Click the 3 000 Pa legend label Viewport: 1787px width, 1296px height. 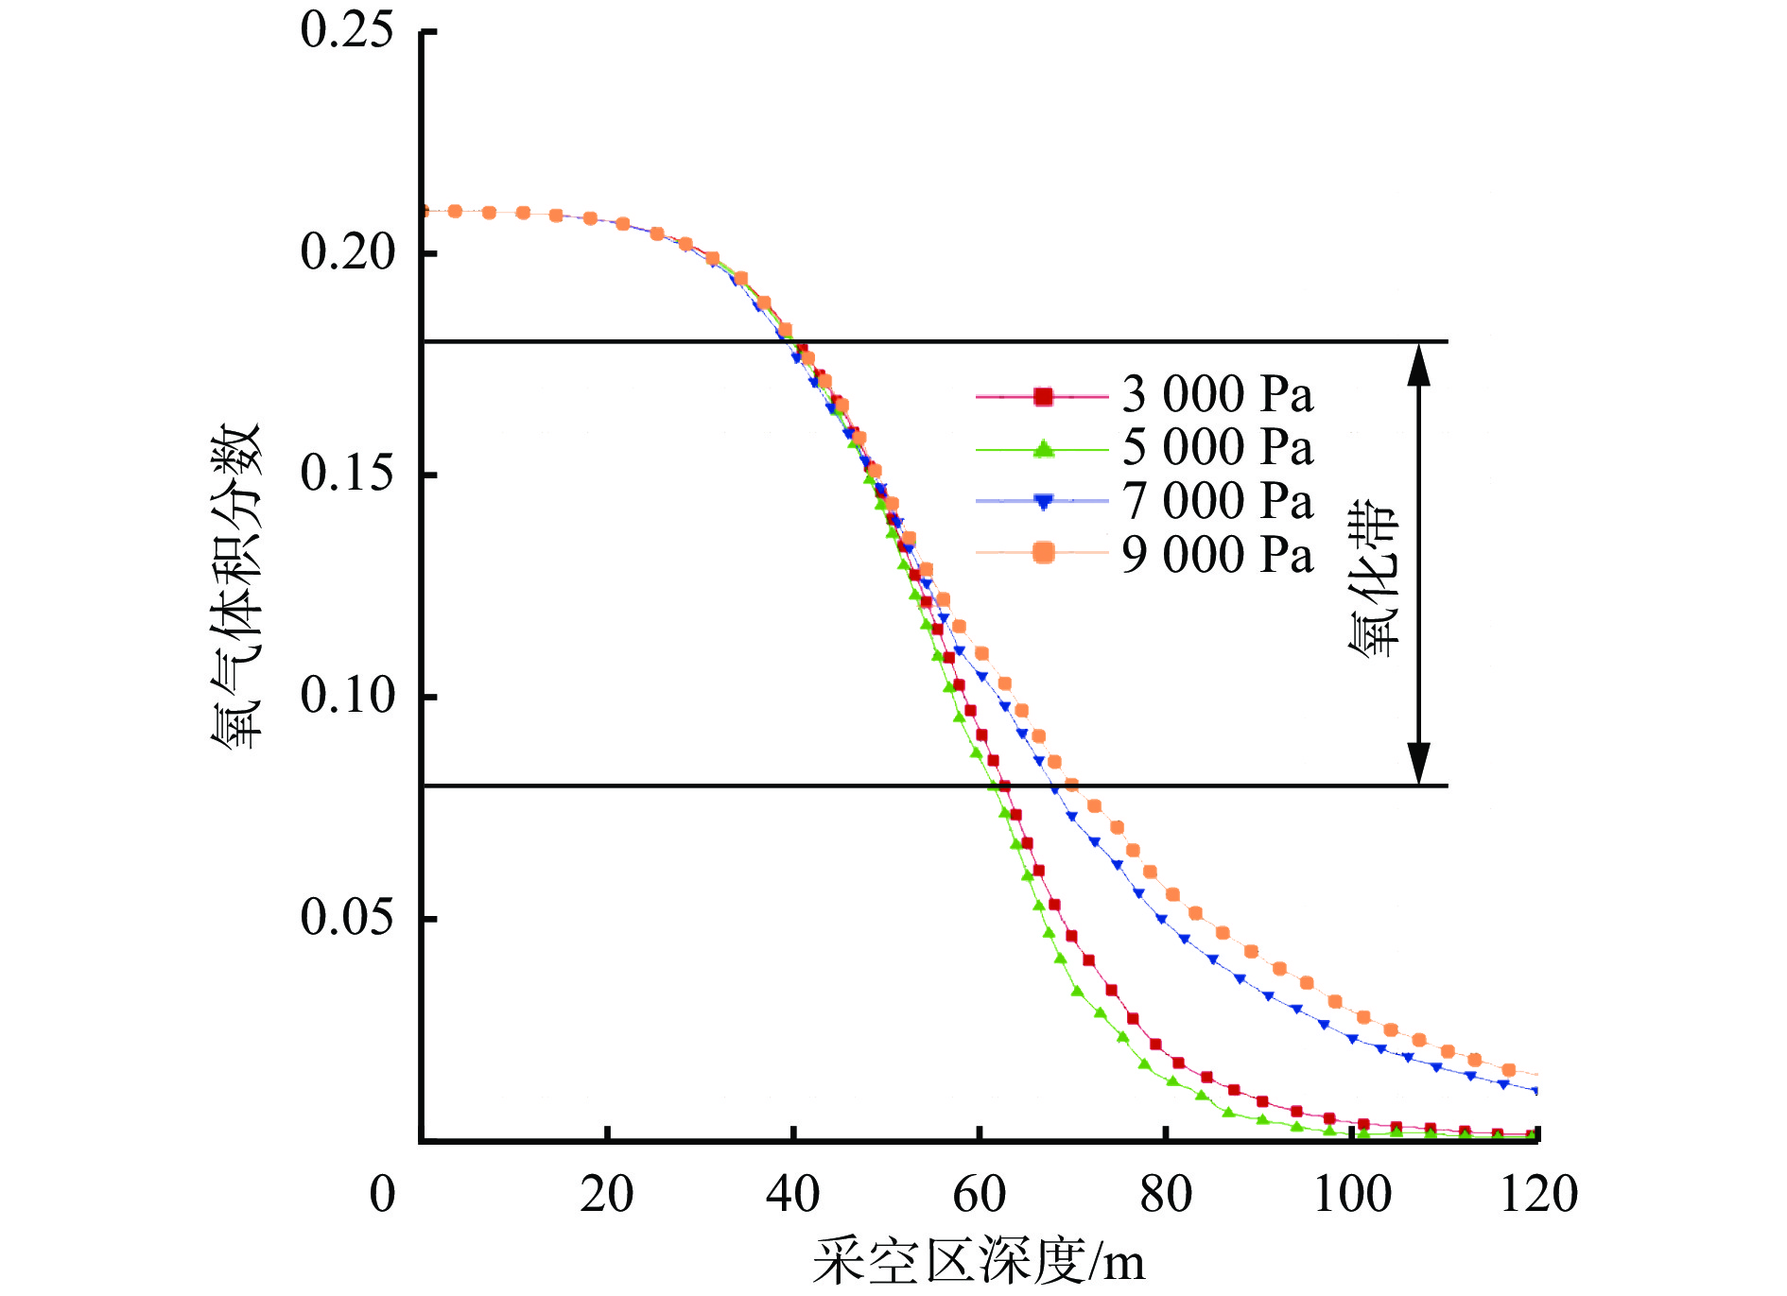(x=1217, y=394)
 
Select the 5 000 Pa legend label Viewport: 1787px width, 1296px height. (x=1217, y=447)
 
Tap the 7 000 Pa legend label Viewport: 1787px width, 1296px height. (x=1217, y=501)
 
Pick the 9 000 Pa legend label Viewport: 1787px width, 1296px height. (x=1217, y=554)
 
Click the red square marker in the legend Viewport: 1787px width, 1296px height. (x=1043, y=397)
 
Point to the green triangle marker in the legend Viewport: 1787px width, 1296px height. (x=1043, y=449)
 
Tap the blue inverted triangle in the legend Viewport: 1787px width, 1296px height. (x=1043, y=502)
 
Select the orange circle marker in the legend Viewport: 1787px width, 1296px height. (x=1043, y=553)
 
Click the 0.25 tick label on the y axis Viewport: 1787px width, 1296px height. (x=346, y=30)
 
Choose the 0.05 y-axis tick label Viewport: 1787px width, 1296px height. (x=346, y=917)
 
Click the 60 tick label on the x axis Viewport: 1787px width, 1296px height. (x=980, y=1195)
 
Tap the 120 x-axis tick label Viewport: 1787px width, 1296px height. (x=1538, y=1195)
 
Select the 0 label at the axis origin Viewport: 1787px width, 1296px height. (x=382, y=1195)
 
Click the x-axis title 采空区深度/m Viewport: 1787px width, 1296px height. (x=979, y=1261)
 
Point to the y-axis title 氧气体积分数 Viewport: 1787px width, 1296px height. (x=234, y=586)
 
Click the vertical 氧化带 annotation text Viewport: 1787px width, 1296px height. (x=1373, y=577)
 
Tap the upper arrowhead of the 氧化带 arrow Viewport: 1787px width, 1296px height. (x=1418, y=364)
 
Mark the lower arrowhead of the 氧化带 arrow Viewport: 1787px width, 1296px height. (x=1418, y=763)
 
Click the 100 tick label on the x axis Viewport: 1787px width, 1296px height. (x=1352, y=1195)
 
